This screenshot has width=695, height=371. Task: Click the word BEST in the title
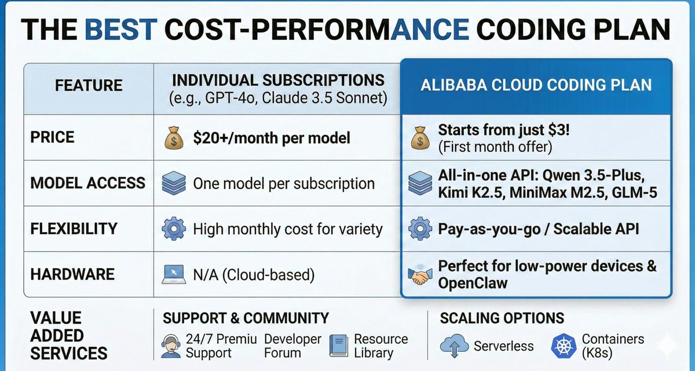pos(122,29)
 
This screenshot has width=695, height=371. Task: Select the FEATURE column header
pos(89,86)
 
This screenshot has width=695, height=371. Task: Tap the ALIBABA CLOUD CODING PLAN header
pos(536,85)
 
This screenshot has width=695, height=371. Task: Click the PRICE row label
pos(53,138)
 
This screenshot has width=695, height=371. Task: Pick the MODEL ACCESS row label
pos(88,183)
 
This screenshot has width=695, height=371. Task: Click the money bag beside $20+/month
pos(173,138)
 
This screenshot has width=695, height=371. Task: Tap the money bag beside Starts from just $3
pos(420,138)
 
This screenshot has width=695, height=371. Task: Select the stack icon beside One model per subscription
pos(173,184)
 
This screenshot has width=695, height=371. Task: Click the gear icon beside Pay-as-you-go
pos(420,229)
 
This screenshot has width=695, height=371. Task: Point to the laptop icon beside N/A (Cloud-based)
pos(173,274)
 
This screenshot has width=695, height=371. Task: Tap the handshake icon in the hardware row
pos(420,274)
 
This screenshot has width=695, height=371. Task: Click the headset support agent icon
pos(171,346)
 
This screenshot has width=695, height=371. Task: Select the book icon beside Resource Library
pos(339,346)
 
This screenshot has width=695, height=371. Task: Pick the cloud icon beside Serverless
pos(454,346)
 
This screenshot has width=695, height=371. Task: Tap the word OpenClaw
pos(473,283)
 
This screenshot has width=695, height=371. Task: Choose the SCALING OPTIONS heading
pos(502,318)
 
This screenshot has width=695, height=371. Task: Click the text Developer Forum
pos(292,346)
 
